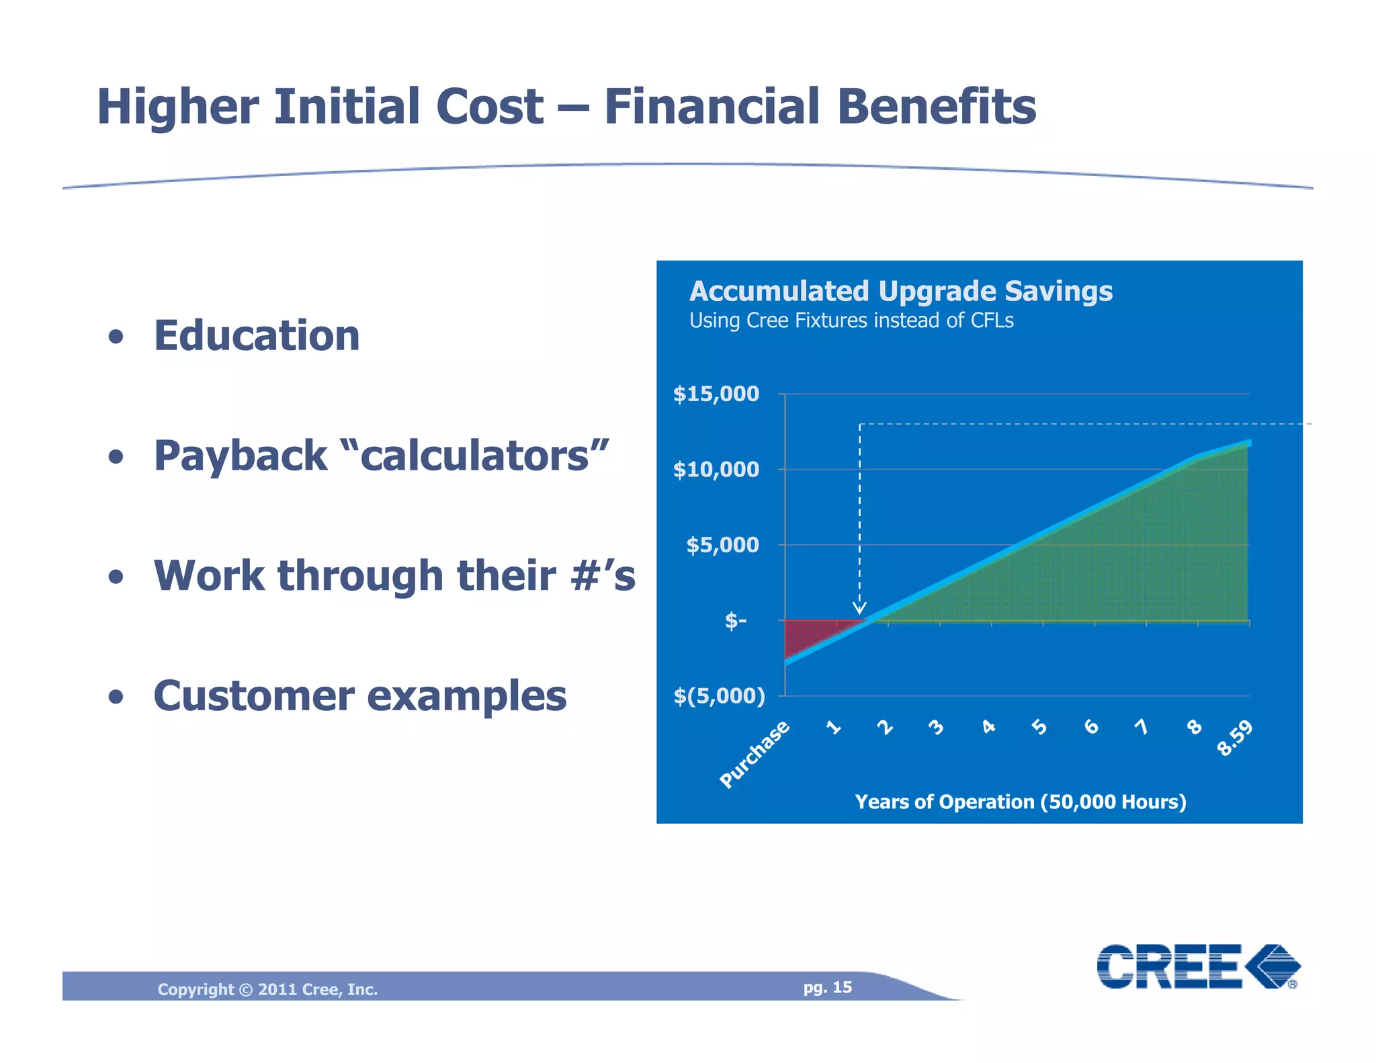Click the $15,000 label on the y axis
coord(716,394)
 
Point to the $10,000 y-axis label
coord(716,469)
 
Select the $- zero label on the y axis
coord(735,620)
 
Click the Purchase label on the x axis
coord(754,754)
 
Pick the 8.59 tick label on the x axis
coord(1235,738)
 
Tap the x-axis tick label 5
coord(1039,727)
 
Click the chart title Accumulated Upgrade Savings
coord(900,292)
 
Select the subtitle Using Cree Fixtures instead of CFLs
coord(851,321)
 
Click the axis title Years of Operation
coord(1020,802)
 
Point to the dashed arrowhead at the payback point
coord(859,608)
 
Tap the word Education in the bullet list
coord(257,335)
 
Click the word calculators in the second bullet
coord(474,456)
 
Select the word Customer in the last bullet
coord(253,696)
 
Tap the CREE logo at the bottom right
coord(1198,966)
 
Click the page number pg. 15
coord(827,987)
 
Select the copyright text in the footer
coord(267,989)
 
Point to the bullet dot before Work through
coord(116,577)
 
